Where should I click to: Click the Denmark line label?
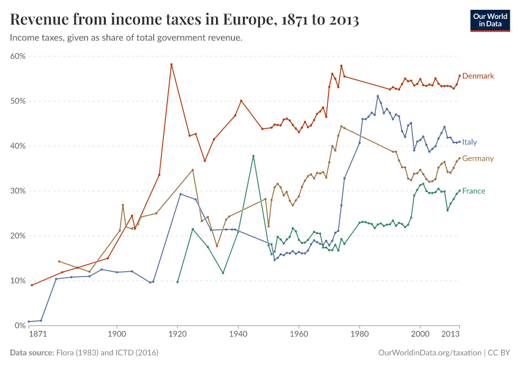[x=478, y=76]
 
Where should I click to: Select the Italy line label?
[x=469, y=142]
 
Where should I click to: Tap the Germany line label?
[x=478, y=158]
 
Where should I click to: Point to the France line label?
[x=474, y=191]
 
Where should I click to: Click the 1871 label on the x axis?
[x=37, y=335]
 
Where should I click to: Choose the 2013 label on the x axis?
[x=450, y=335]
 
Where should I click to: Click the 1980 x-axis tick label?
[x=359, y=335]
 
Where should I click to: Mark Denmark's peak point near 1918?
[x=171, y=64]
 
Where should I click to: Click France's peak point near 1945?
[x=253, y=156]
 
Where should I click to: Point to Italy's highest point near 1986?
[x=377, y=96]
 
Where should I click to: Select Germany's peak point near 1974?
[x=341, y=127]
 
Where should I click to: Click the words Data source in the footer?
[x=32, y=353]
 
